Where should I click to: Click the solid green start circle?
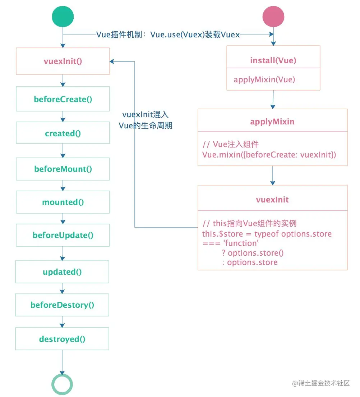point(63,17)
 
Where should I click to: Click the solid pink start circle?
point(273,17)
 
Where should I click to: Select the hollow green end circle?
point(62,384)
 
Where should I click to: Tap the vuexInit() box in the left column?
point(63,61)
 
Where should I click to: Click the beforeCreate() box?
point(63,99)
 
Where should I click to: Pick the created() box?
point(63,133)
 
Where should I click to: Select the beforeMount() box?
point(63,169)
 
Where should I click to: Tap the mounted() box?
point(63,202)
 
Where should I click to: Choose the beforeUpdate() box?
point(63,235)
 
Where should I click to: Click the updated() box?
point(62,272)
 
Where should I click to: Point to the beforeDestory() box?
point(62,305)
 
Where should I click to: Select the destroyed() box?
point(62,339)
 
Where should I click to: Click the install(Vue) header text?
point(273,60)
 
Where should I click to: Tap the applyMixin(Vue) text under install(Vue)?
point(264,80)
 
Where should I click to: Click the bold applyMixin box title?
point(272,122)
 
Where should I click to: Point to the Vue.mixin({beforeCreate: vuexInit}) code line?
point(269,155)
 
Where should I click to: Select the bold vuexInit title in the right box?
point(272,200)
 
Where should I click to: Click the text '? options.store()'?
point(253,253)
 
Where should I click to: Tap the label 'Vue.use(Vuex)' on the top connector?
point(177,35)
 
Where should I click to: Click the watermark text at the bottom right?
point(321,383)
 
